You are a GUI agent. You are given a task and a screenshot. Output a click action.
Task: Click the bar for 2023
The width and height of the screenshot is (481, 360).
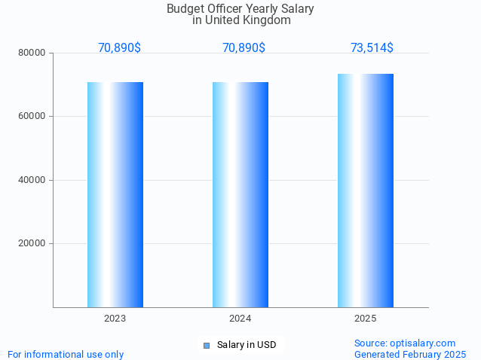pos(115,194)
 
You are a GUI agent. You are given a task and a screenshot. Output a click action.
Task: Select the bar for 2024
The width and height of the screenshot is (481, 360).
pos(240,194)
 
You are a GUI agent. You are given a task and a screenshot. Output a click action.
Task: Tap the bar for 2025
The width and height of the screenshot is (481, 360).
pos(366,191)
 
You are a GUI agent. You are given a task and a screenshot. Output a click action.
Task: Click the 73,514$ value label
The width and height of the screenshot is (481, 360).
pos(372,47)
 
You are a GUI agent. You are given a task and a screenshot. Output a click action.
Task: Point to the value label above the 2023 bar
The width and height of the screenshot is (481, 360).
pos(119,47)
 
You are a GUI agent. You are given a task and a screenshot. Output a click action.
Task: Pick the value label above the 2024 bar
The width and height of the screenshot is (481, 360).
pos(244,47)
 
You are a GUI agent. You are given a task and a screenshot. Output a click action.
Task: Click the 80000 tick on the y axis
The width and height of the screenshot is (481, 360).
pos(32,53)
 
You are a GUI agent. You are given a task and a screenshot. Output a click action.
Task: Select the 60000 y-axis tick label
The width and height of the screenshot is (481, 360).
pos(32,116)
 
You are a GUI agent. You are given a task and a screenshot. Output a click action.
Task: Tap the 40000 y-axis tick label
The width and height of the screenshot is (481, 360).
pos(32,180)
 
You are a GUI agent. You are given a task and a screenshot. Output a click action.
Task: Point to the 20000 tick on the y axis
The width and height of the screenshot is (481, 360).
pos(32,243)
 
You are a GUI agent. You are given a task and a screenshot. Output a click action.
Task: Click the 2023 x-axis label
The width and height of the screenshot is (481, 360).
pos(115,319)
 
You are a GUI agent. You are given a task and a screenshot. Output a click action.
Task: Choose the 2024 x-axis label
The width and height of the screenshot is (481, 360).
pos(240,319)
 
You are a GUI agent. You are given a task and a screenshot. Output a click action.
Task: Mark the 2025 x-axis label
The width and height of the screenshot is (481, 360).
pos(366,319)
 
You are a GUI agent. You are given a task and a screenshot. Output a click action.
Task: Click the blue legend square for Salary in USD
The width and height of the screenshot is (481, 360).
pos(206,345)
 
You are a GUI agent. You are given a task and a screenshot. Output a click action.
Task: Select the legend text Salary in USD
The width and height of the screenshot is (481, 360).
pos(247,345)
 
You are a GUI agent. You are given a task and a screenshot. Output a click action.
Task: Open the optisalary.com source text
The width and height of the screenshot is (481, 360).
pos(405,343)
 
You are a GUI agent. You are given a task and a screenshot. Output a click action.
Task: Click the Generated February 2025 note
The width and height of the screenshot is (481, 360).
pos(410,354)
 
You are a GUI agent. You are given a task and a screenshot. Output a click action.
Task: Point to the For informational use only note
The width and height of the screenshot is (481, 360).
pos(66,354)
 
